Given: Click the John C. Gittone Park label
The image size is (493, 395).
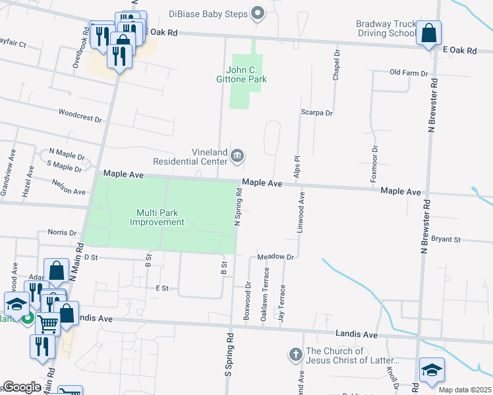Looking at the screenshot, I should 246,74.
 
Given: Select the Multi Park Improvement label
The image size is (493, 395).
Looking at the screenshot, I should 157,217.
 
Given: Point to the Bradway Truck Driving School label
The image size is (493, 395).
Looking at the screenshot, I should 385,28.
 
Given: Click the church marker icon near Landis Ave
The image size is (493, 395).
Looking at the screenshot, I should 295,355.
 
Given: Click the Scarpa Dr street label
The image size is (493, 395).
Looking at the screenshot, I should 317,113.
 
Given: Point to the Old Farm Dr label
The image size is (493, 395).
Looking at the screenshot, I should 409,73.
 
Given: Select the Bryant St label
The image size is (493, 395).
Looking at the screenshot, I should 446,240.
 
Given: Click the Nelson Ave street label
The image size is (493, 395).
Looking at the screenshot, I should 69,187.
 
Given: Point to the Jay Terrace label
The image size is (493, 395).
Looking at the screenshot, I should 281,303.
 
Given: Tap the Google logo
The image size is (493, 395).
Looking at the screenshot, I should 22,387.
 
